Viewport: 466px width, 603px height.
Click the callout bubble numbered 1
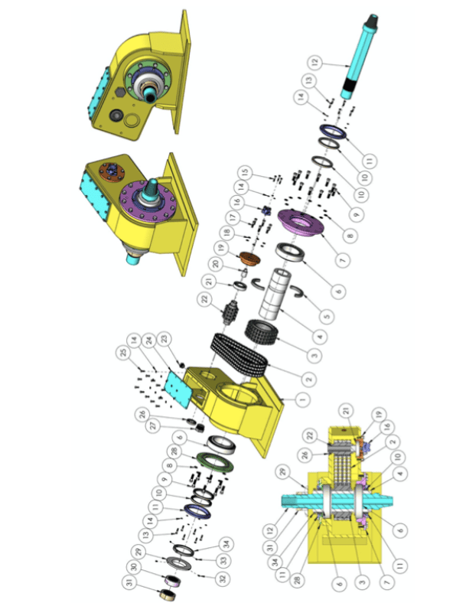pos(285,399)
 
